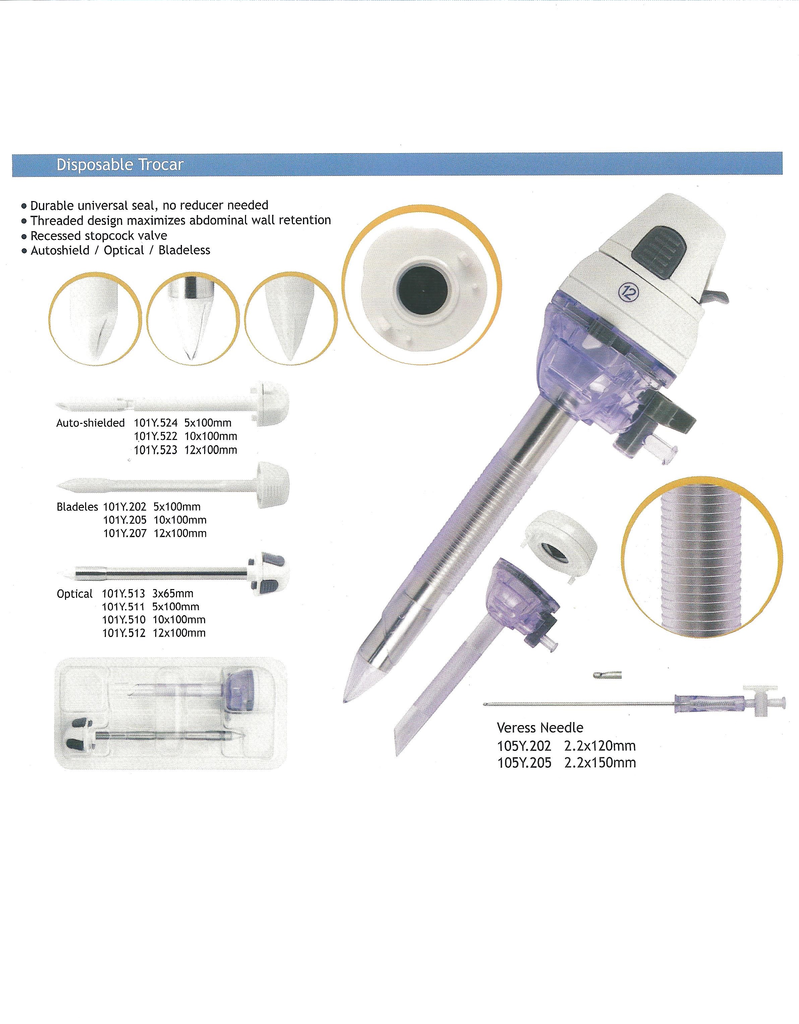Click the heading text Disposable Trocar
tap(120, 165)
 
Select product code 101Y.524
tap(155, 423)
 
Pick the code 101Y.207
tap(125, 533)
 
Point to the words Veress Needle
tap(540, 728)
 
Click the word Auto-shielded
tap(90, 423)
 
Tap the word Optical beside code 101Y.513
tap(74, 594)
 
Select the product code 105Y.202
tap(524, 746)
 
